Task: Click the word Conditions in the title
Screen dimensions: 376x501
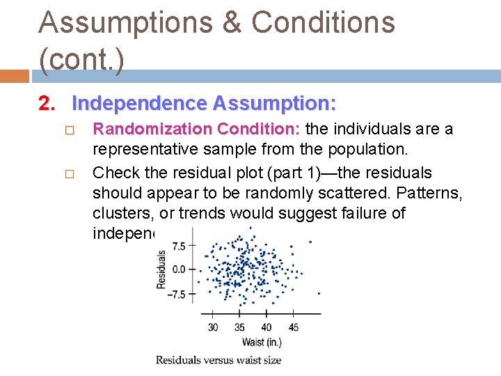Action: pyautogui.click(x=323, y=23)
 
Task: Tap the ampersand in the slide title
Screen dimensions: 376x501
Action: pyautogui.click(x=233, y=23)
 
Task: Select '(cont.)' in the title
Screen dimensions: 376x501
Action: pyautogui.click(x=81, y=60)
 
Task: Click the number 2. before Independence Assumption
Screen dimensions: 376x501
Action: pyautogui.click(x=47, y=104)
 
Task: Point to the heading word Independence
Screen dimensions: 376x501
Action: pyautogui.click(x=139, y=104)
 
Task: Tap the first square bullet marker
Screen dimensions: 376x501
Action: pyautogui.click(x=68, y=130)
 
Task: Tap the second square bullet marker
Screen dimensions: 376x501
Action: pyautogui.click(x=68, y=173)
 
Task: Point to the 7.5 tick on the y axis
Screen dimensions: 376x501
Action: pyautogui.click(x=178, y=246)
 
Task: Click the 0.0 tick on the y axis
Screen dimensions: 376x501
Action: pyautogui.click(x=178, y=269)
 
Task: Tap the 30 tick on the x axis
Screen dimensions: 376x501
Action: pyautogui.click(x=213, y=327)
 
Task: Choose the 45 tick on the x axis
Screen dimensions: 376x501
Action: pyautogui.click(x=293, y=327)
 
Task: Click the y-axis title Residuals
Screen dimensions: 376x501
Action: pyautogui.click(x=161, y=269)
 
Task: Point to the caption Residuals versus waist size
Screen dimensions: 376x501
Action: pyautogui.click(x=218, y=360)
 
